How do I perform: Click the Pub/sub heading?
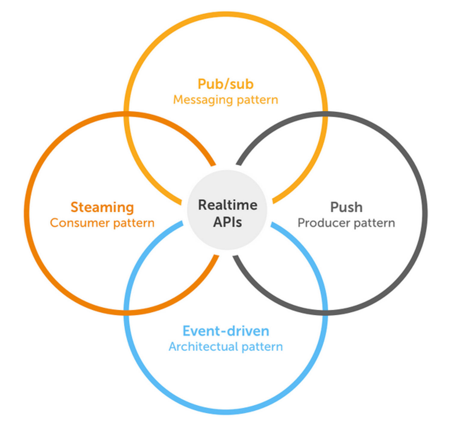point(225,84)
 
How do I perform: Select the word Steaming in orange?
point(102,208)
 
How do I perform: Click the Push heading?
point(346,207)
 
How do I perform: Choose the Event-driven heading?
point(226,331)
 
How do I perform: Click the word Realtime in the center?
point(228,205)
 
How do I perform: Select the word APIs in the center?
point(228,222)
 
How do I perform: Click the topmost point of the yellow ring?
point(226,14)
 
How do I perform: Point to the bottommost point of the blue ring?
point(226,412)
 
